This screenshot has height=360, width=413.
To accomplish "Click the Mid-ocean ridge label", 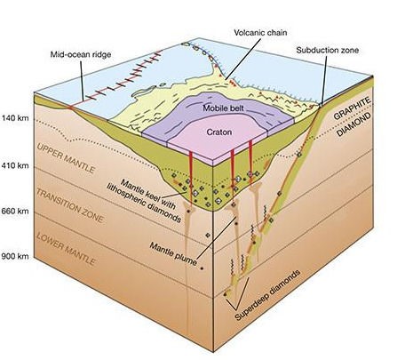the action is [x=81, y=54].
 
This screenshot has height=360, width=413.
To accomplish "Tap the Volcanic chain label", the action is [x=260, y=32].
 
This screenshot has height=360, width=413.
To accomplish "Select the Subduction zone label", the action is [x=328, y=50].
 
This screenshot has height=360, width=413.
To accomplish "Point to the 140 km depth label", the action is [x=15, y=118].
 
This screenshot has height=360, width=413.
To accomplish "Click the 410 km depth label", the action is [x=15, y=165].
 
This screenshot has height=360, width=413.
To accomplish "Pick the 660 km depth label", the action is [x=15, y=212].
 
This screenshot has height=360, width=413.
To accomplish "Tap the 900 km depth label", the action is [x=15, y=256].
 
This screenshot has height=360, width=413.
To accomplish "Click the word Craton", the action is [x=219, y=132].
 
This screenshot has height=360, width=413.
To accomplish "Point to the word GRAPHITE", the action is [x=353, y=108].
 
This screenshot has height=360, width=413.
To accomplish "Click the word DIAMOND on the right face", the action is [x=354, y=124].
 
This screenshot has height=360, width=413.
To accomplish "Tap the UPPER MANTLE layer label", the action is [x=66, y=157].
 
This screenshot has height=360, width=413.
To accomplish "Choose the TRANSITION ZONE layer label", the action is [x=70, y=205].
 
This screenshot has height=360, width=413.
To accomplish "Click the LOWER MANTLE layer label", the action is [x=66, y=249].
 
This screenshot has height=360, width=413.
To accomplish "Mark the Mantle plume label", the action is [x=173, y=253].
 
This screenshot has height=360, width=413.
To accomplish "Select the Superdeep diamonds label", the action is [x=268, y=295].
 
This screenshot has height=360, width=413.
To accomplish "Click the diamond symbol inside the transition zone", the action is [x=208, y=235].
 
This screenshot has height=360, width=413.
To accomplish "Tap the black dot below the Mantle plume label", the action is [x=202, y=268].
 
